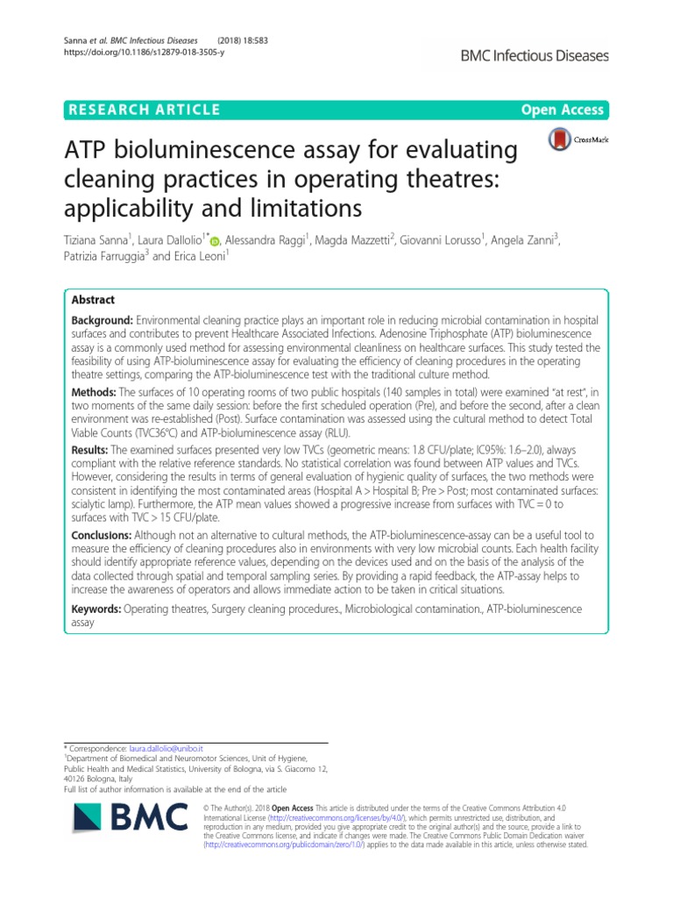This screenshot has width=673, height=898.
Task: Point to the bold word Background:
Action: (x=103, y=322)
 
